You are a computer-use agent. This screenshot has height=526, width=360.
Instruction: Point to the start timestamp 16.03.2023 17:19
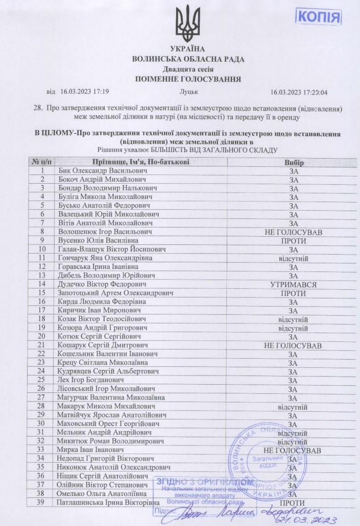pos(85,92)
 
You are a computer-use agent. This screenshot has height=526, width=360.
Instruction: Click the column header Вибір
pos(294,162)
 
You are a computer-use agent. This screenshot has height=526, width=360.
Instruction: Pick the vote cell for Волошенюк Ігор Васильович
pos(293,231)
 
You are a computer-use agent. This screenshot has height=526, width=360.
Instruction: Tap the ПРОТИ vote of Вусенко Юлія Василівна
pos(293,240)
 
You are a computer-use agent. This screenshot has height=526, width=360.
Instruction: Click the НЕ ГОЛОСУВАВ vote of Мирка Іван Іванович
pos(293,451)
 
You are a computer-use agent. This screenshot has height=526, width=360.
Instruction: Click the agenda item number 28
pos(37,108)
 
